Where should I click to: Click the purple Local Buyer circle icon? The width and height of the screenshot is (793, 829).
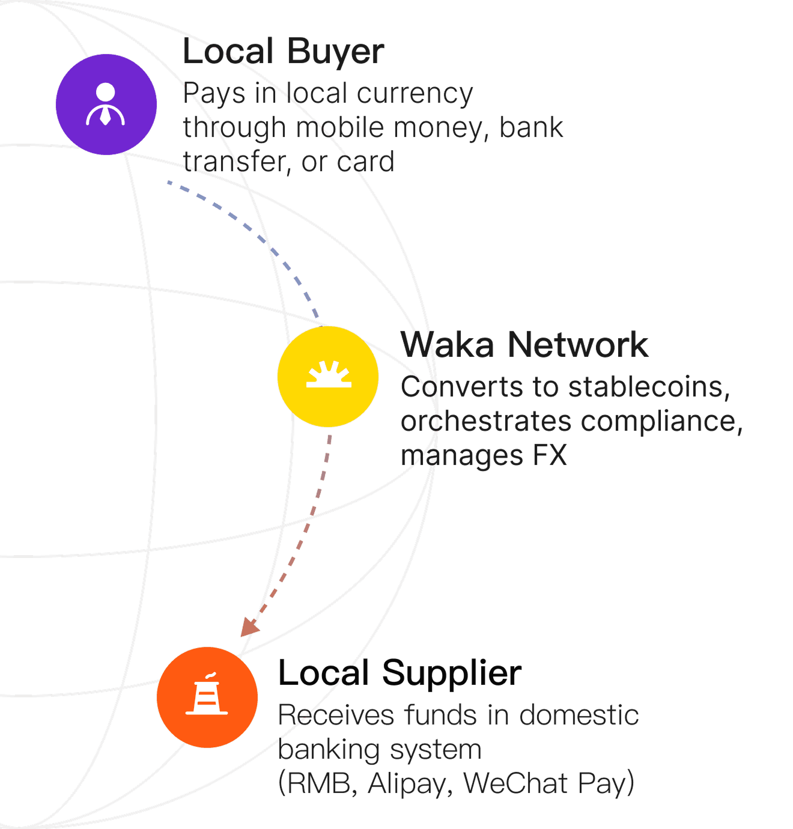[106, 105]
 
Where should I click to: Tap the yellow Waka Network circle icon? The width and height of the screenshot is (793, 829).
[328, 377]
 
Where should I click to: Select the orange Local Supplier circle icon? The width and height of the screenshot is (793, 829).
[207, 697]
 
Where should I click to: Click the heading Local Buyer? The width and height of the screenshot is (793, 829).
[283, 52]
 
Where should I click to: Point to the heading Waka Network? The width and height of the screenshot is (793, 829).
[524, 345]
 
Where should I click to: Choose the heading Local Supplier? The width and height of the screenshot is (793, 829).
[400, 673]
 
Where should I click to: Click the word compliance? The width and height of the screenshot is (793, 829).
[661, 422]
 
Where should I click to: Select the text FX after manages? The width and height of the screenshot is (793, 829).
[550, 455]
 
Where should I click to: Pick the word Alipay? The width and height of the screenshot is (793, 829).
[410, 783]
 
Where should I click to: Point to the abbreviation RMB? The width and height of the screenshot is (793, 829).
[319, 783]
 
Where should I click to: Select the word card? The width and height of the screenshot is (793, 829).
[365, 162]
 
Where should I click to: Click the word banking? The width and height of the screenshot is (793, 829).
[327, 750]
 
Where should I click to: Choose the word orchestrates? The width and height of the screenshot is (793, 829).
[486, 422]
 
